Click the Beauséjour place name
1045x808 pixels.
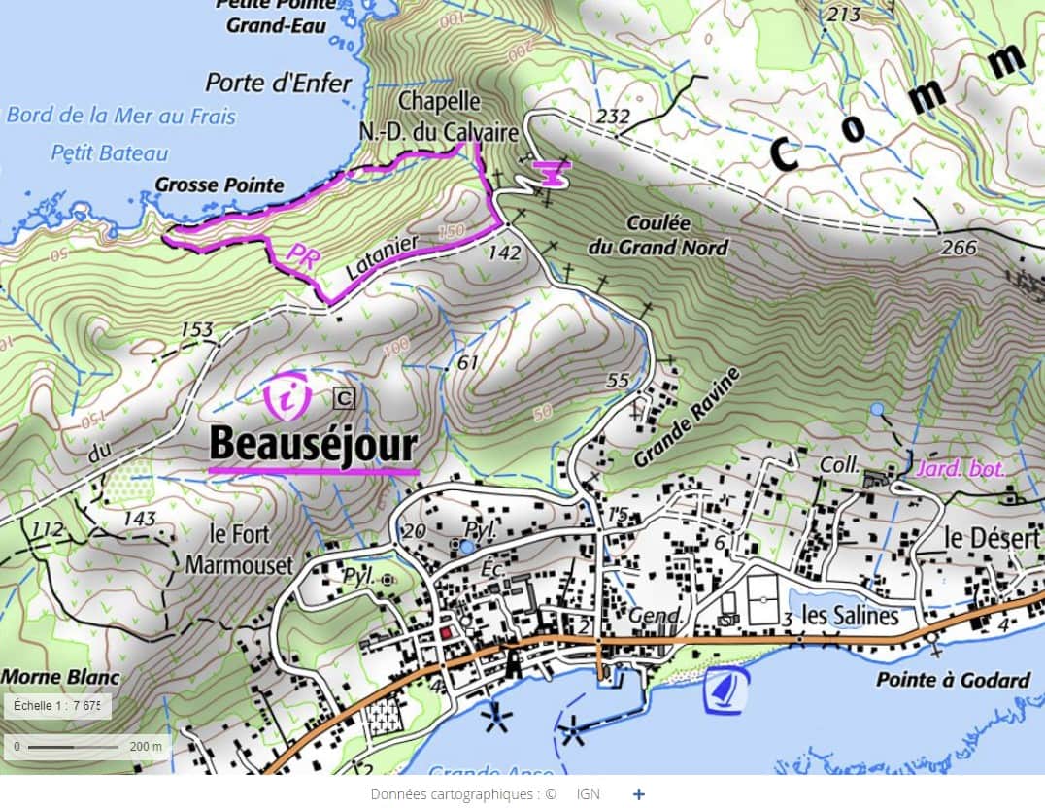[x=313, y=445]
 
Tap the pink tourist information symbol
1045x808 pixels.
[x=287, y=395]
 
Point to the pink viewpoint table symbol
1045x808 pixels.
[x=552, y=173]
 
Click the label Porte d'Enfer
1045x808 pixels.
[x=279, y=83]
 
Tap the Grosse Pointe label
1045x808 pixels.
[x=219, y=185]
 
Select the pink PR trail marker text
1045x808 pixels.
[x=304, y=253]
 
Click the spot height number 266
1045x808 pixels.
[x=959, y=248]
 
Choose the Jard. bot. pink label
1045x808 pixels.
[x=960, y=469]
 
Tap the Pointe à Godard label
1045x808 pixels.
[x=953, y=680]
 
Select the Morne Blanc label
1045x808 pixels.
[x=60, y=676]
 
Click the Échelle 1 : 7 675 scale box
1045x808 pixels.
[x=56, y=706]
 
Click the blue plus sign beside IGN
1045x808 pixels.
[x=638, y=793]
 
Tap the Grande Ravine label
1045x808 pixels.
[x=687, y=417]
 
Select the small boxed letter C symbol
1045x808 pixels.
[x=344, y=396]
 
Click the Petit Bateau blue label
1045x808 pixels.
[x=110, y=152]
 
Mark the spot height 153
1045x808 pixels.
[x=196, y=330]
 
